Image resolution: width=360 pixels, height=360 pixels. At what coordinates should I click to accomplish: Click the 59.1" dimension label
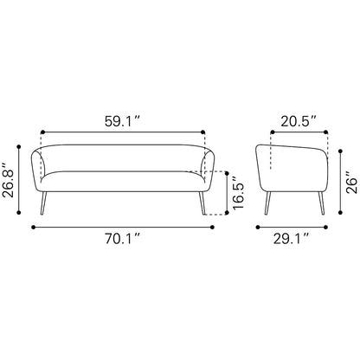pos(122,121)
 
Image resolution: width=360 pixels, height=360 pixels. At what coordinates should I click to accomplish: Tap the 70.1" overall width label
pos(122,239)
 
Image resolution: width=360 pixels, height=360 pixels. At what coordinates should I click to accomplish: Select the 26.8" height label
pos(9,181)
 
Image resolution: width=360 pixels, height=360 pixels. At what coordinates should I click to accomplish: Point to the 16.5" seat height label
pos(238,192)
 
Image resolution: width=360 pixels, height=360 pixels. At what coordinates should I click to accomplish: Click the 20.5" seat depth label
pos(299,121)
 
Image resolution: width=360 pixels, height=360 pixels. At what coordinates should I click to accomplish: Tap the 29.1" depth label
pos(292,239)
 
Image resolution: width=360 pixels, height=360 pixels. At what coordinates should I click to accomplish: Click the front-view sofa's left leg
pos(43,203)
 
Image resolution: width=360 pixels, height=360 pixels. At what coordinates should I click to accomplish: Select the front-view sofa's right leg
pos(202,203)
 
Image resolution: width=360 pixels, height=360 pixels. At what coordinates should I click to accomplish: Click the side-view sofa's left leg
pos(267,203)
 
